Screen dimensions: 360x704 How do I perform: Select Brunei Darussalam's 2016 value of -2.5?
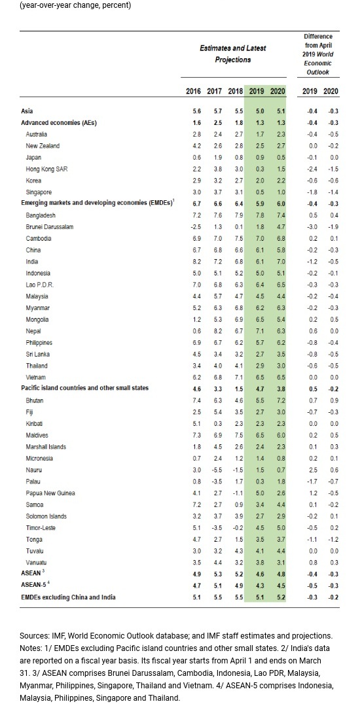pos(193,227)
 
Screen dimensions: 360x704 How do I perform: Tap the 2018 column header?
pos(236,91)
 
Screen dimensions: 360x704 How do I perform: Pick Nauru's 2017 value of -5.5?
pos(214,470)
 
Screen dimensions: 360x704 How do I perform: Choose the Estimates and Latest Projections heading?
pos(233,54)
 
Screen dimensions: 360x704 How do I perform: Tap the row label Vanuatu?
pos(37,563)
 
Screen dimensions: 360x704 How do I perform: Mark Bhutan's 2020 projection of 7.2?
pos(278,400)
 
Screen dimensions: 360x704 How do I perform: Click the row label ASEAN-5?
pos(35,586)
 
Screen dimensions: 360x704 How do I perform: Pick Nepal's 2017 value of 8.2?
pos(215,331)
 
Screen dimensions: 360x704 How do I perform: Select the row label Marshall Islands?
pos(46,447)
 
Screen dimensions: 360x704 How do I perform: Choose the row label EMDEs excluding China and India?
pos(68,597)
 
